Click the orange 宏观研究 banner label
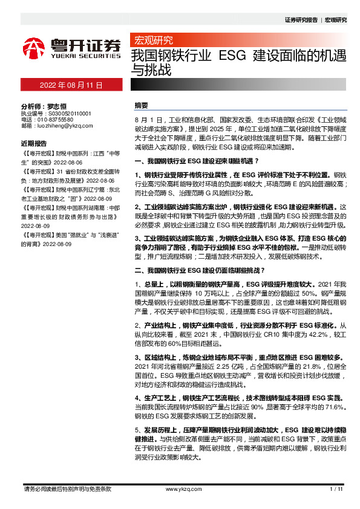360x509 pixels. (x=152, y=41)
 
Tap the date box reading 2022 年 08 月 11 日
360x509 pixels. (x=71, y=85)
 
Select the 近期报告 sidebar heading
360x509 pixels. (x=33, y=144)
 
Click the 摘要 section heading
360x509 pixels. (x=141, y=105)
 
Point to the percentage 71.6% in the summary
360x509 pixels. (x=335, y=409)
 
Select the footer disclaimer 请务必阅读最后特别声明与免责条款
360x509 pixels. (x=67, y=488)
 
